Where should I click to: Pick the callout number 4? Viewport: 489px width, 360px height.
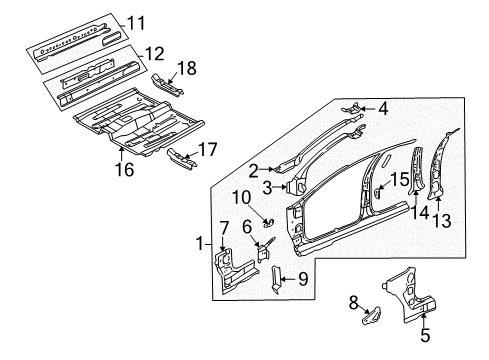tap(383, 110)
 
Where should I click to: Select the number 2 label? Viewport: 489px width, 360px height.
tap(254, 170)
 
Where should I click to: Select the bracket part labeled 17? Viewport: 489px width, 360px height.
tap(180, 157)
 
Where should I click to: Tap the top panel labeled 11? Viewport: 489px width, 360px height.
tap(75, 38)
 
